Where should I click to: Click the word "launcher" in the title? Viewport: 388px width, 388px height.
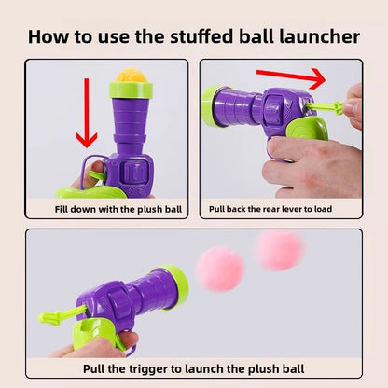(x=313, y=37)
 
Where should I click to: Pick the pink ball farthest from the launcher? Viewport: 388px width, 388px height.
(x=279, y=251)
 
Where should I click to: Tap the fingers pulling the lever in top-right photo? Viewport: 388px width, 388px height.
(x=352, y=104)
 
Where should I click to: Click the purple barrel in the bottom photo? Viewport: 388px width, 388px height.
(x=121, y=303)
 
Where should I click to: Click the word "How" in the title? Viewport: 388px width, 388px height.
(x=48, y=37)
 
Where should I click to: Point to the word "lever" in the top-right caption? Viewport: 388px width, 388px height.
(x=305, y=210)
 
